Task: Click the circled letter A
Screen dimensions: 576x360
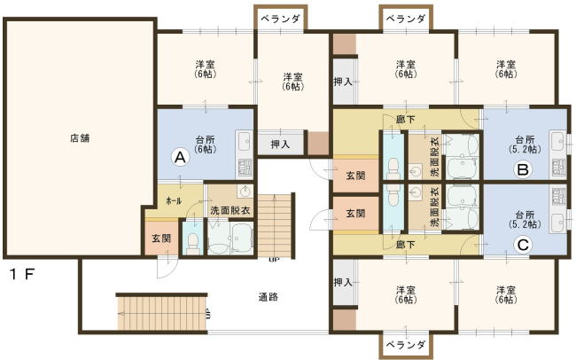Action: [x=180, y=157]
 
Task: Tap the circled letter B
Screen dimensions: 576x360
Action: [x=523, y=169]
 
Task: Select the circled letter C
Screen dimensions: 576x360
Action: [x=523, y=245]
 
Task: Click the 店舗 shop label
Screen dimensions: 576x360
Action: [x=80, y=138]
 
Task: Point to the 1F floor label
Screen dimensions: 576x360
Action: [x=22, y=274]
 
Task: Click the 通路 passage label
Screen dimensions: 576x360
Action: [x=269, y=297]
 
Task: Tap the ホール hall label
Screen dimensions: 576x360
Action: [x=174, y=200]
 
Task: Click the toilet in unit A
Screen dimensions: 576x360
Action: [x=192, y=243]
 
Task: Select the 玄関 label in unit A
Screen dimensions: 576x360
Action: [x=161, y=239]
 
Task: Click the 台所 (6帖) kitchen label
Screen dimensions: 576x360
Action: [x=206, y=145]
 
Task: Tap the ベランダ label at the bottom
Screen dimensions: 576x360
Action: [x=406, y=345]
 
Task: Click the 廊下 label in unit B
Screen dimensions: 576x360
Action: [x=406, y=119]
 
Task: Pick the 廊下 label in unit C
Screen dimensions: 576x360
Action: [x=406, y=244]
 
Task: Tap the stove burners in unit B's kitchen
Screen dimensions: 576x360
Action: [x=559, y=168]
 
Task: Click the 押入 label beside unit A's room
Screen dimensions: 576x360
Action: [x=280, y=145]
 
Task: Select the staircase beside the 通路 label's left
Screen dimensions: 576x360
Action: [x=161, y=312]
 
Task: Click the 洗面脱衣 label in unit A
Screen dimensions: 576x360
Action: [x=230, y=211]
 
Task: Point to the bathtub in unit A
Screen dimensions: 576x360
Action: [x=241, y=238]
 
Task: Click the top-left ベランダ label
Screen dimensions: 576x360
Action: [x=280, y=19]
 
